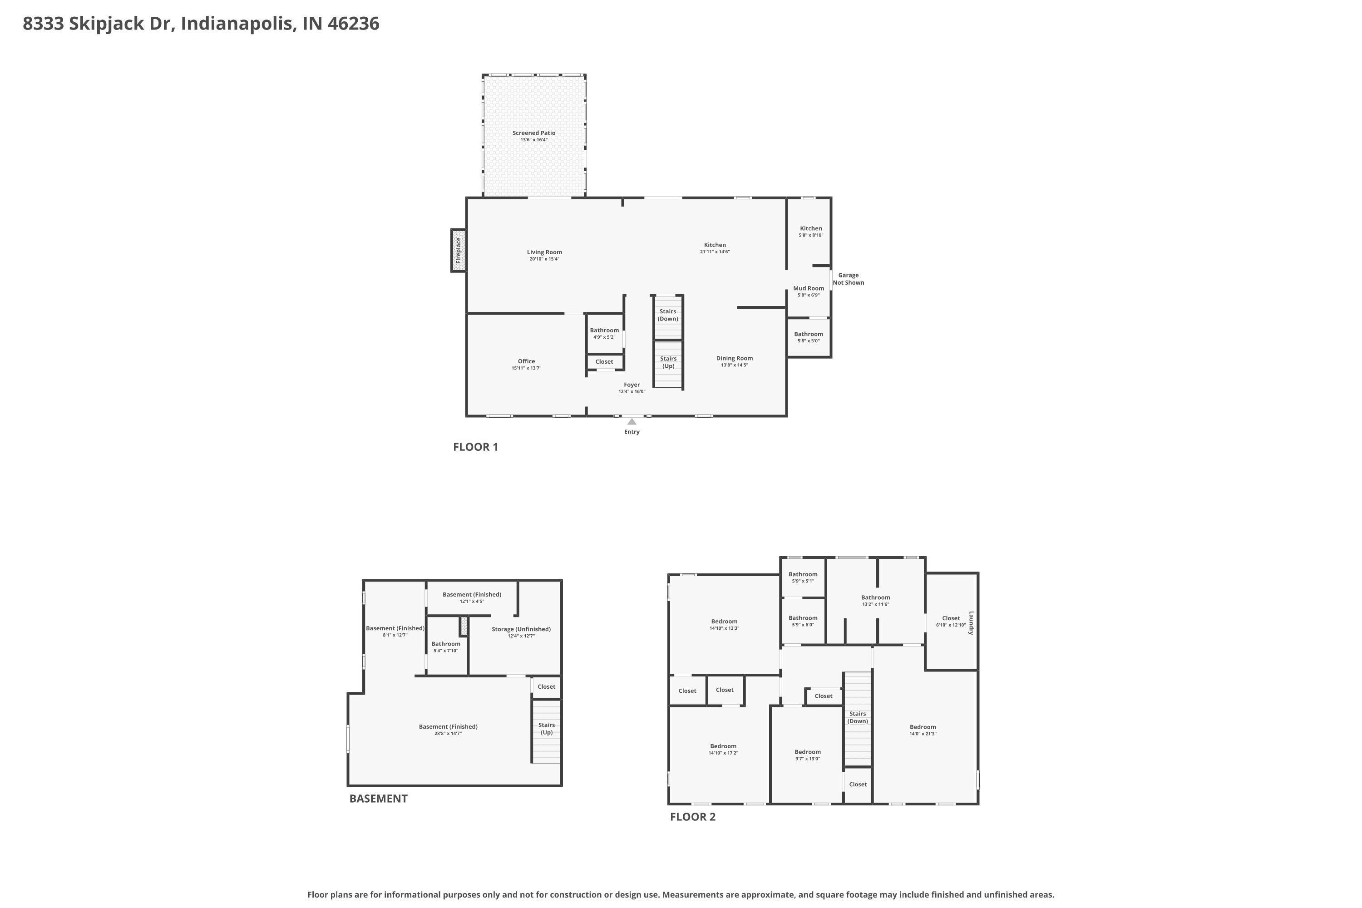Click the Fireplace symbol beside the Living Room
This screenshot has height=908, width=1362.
tap(459, 251)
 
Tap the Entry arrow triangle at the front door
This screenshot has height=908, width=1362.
tap(632, 422)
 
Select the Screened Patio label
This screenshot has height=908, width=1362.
tap(534, 133)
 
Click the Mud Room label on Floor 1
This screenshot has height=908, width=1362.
tap(809, 288)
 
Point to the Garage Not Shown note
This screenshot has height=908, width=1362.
tap(849, 279)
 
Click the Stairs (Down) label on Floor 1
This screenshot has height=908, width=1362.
tap(668, 315)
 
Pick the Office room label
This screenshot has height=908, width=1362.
tap(526, 361)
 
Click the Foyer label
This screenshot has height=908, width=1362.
tap(632, 385)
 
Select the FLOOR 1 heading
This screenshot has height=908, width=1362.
tap(475, 447)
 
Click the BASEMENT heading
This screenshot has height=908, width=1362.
tap(378, 799)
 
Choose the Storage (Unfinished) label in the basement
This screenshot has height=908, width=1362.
tap(521, 629)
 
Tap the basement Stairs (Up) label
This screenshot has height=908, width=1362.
tap(547, 729)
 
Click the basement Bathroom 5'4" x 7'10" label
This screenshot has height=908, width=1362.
tap(446, 647)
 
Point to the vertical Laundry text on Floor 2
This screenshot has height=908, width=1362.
tap(971, 623)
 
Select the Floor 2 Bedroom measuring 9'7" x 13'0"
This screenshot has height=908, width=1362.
tap(807, 755)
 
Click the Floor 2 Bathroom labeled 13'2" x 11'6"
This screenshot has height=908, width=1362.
tap(876, 601)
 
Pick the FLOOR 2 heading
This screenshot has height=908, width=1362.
tap(693, 817)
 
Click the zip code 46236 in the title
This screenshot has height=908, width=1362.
tap(353, 24)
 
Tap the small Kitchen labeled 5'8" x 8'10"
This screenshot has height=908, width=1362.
tap(811, 232)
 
